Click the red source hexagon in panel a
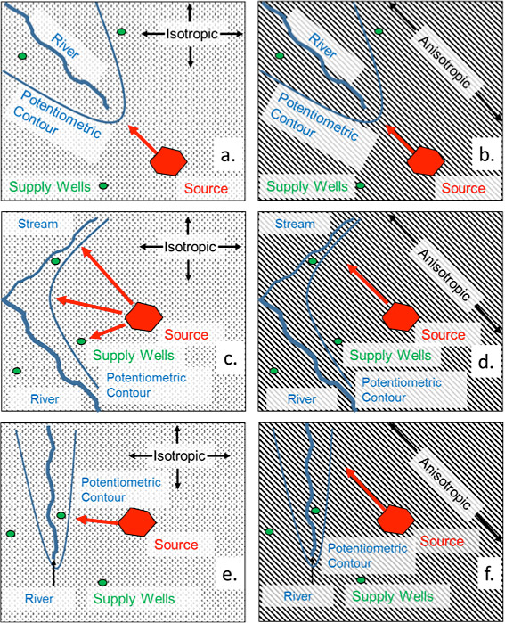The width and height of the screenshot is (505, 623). coord(168,160)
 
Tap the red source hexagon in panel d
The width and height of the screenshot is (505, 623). coord(401,316)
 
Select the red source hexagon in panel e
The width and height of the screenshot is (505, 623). coord(136,521)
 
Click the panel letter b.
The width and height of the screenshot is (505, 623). coord(486,154)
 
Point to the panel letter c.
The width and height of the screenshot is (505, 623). coord(230,358)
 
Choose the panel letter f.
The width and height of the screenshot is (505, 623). coord(488,572)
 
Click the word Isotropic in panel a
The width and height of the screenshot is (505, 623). coord(192,34)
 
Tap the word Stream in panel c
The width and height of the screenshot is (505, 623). coord(38,224)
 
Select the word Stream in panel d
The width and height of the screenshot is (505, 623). coord(295,224)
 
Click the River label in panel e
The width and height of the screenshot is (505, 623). coord(39,598)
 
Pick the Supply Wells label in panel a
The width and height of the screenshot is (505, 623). coord(50,186)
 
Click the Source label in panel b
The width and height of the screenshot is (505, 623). coord(463,187)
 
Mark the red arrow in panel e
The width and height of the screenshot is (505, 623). coord(97,521)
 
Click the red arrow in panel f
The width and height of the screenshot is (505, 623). coord(366,488)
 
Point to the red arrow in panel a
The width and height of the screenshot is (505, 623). coord(143,139)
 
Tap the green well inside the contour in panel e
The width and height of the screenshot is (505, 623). coord(61,515)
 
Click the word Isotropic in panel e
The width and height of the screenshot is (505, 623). coord(180,455)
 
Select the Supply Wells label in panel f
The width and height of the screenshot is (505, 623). coord(392,596)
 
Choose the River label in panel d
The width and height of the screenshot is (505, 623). coord(302,398)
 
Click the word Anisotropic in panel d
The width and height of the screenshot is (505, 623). coord(444,275)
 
